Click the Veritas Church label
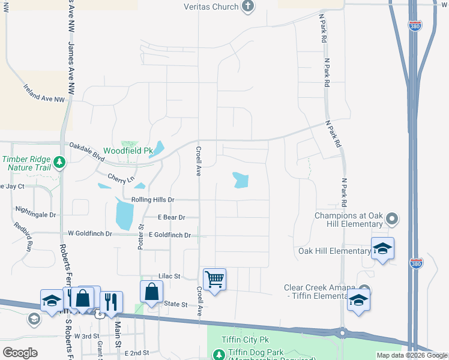click(209, 7)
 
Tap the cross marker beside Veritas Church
click(247, 7)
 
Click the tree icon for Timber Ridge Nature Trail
click(59, 162)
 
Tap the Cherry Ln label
click(121, 179)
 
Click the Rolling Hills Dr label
click(152, 199)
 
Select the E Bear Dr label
click(171, 217)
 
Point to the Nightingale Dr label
click(36, 214)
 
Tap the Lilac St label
click(169, 276)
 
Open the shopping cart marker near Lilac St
click(214, 280)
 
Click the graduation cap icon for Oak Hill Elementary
click(382, 249)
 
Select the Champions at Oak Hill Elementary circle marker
click(393, 218)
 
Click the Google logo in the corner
click(20, 353)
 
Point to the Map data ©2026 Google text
click(412, 355)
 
